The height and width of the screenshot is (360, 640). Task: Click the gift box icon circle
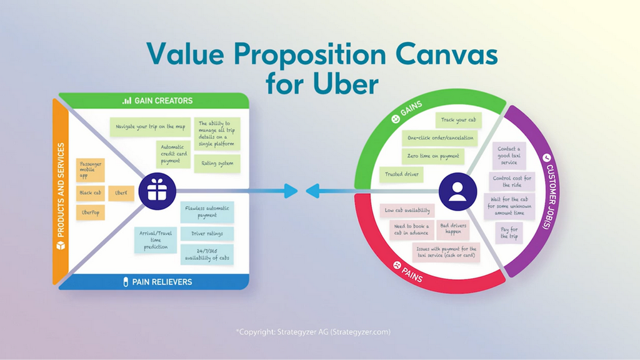[x=157, y=191]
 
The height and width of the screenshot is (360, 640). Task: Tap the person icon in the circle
[x=457, y=191]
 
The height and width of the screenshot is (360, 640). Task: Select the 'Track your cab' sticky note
[x=458, y=120]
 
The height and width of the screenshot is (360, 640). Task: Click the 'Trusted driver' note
[x=402, y=174]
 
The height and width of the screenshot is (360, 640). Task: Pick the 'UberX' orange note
[x=121, y=193]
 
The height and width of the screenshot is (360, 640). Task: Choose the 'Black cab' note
[x=90, y=193]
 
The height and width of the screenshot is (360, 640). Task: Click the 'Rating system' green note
[x=217, y=163]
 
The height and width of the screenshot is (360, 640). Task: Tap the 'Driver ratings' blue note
[x=207, y=234]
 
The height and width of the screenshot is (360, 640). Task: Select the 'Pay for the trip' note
[x=509, y=233]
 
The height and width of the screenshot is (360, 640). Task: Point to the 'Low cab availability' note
[x=407, y=211]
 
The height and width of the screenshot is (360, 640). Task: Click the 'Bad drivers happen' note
[x=453, y=229]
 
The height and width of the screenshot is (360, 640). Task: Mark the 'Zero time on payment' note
[x=433, y=156]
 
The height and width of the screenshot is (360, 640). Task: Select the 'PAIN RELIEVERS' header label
[x=157, y=282]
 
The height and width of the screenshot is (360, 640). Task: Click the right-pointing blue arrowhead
[x=291, y=191]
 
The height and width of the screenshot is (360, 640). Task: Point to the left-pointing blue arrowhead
[x=312, y=191]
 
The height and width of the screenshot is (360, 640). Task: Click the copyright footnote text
[x=313, y=332]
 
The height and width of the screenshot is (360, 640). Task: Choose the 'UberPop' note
[x=90, y=212]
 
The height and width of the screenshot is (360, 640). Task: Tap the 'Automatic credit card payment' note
[x=174, y=154]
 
